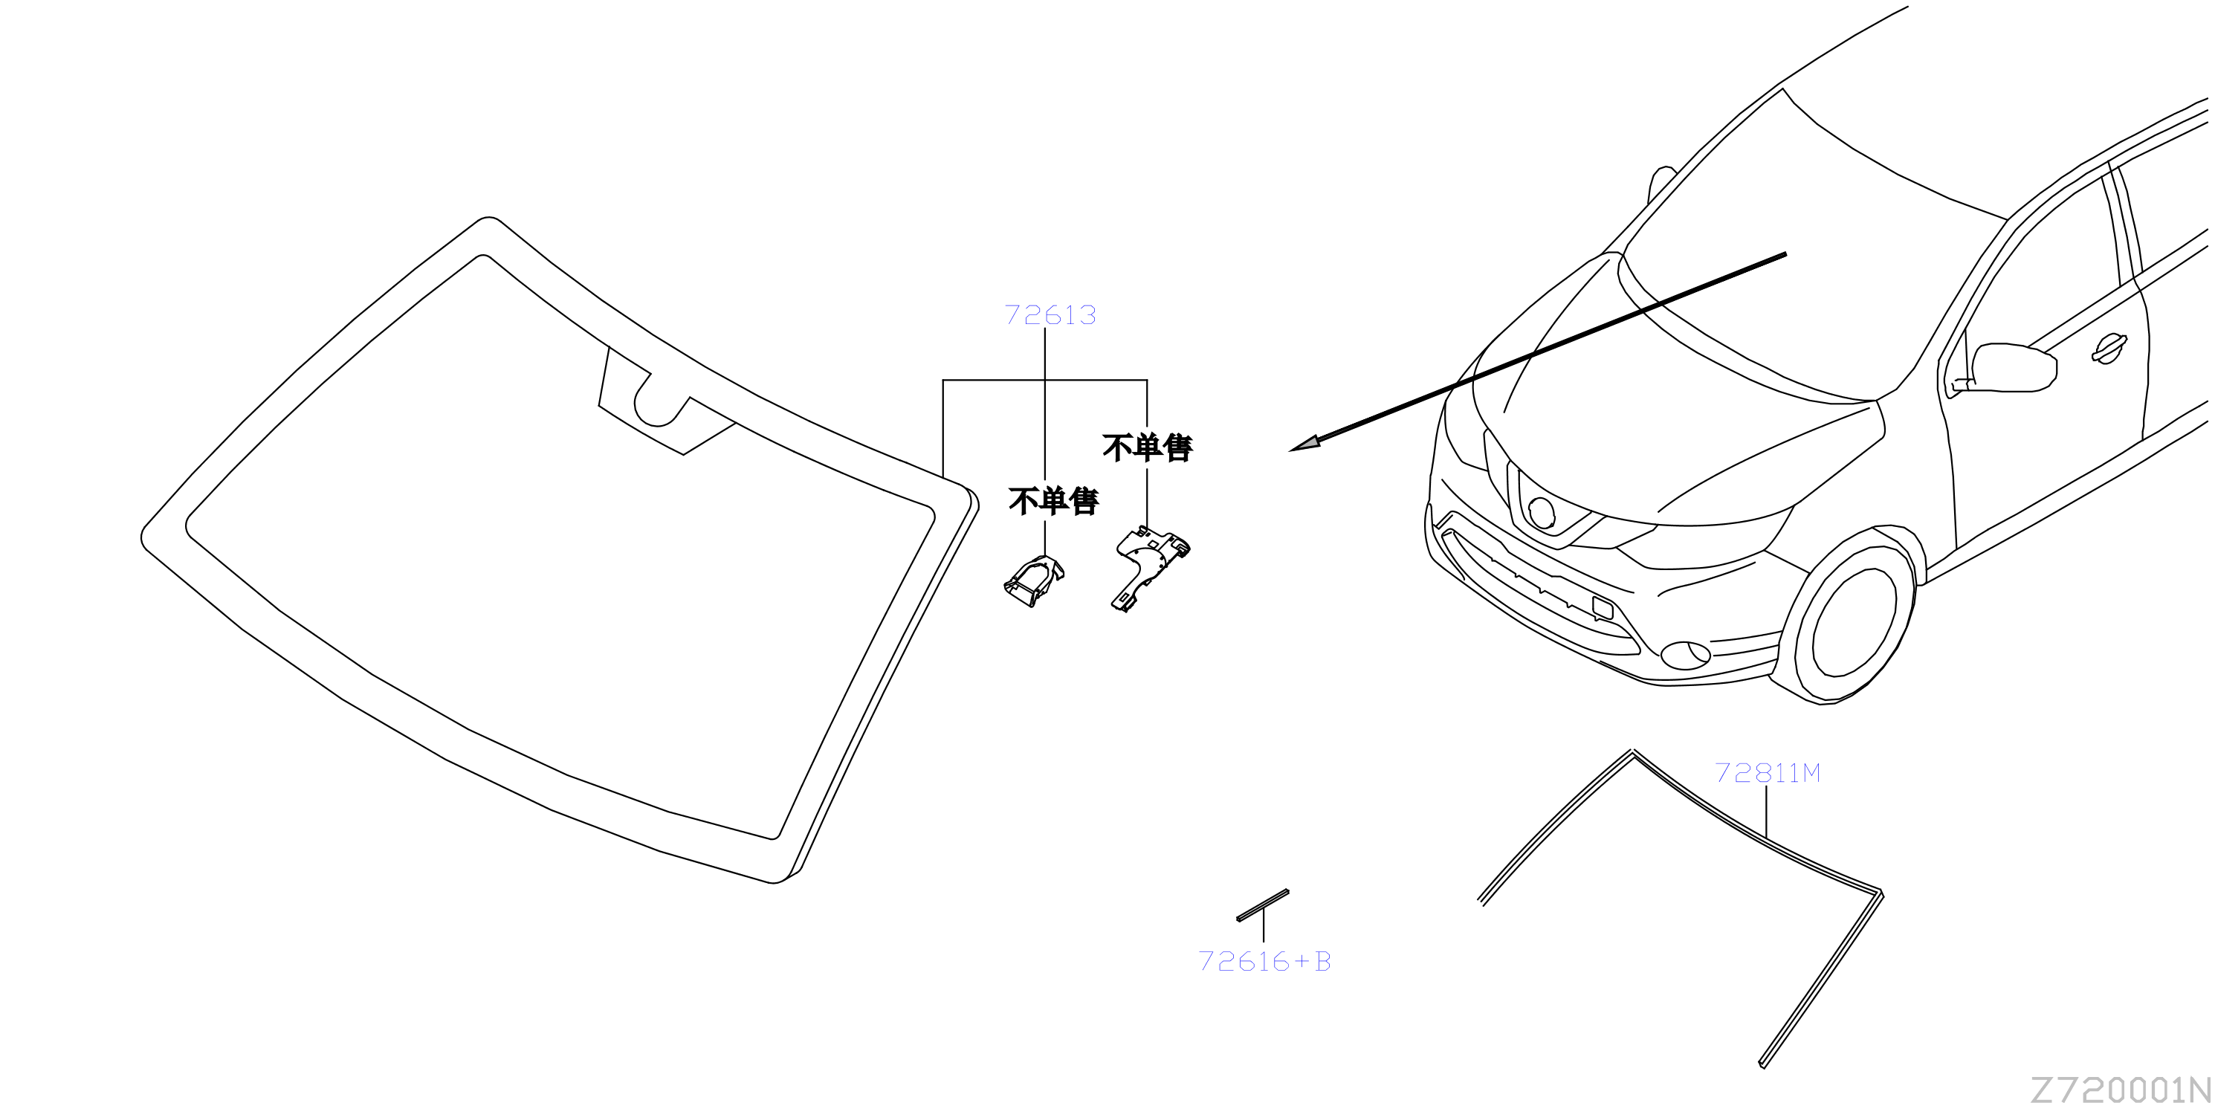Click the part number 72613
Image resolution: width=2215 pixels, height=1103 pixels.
point(1050,314)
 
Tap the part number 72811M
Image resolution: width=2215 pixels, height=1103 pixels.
point(1767,773)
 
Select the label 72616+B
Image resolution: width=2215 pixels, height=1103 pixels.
point(1264,961)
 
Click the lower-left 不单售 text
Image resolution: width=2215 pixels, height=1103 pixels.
point(1053,501)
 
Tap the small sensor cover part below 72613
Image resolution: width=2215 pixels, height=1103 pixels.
point(1034,581)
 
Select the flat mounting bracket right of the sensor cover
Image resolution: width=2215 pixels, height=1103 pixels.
point(1150,567)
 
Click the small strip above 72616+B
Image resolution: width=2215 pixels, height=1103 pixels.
point(1262,905)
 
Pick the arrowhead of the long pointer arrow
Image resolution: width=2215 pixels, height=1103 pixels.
point(1304,444)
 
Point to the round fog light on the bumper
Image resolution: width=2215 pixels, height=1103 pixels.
point(1685,655)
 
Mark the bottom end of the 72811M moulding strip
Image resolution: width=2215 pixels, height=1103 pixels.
point(1762,1064)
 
